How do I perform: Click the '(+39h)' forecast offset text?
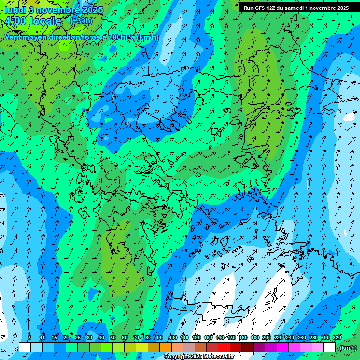pyautogui.click(x=81, y=21)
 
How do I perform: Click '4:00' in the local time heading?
pyautogui.click(x=15, y=21)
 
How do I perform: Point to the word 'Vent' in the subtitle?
pyautogui.click(x=14, y=37)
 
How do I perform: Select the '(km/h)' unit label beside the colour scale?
pyautogui.click(x=347, y=347)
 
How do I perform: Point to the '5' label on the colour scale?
pyautogui.click(x=30, y=337)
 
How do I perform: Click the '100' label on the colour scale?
pyautogui.click(x=173, y=337)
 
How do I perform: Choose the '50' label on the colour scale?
pyautogui.click(x=113, y=337)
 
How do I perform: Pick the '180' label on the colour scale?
pyautogui.click(x=255, y=337)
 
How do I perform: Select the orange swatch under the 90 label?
pyautogui.click(x=165, y=347)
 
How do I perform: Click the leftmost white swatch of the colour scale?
pyautogui.click(x=24, y=347)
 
